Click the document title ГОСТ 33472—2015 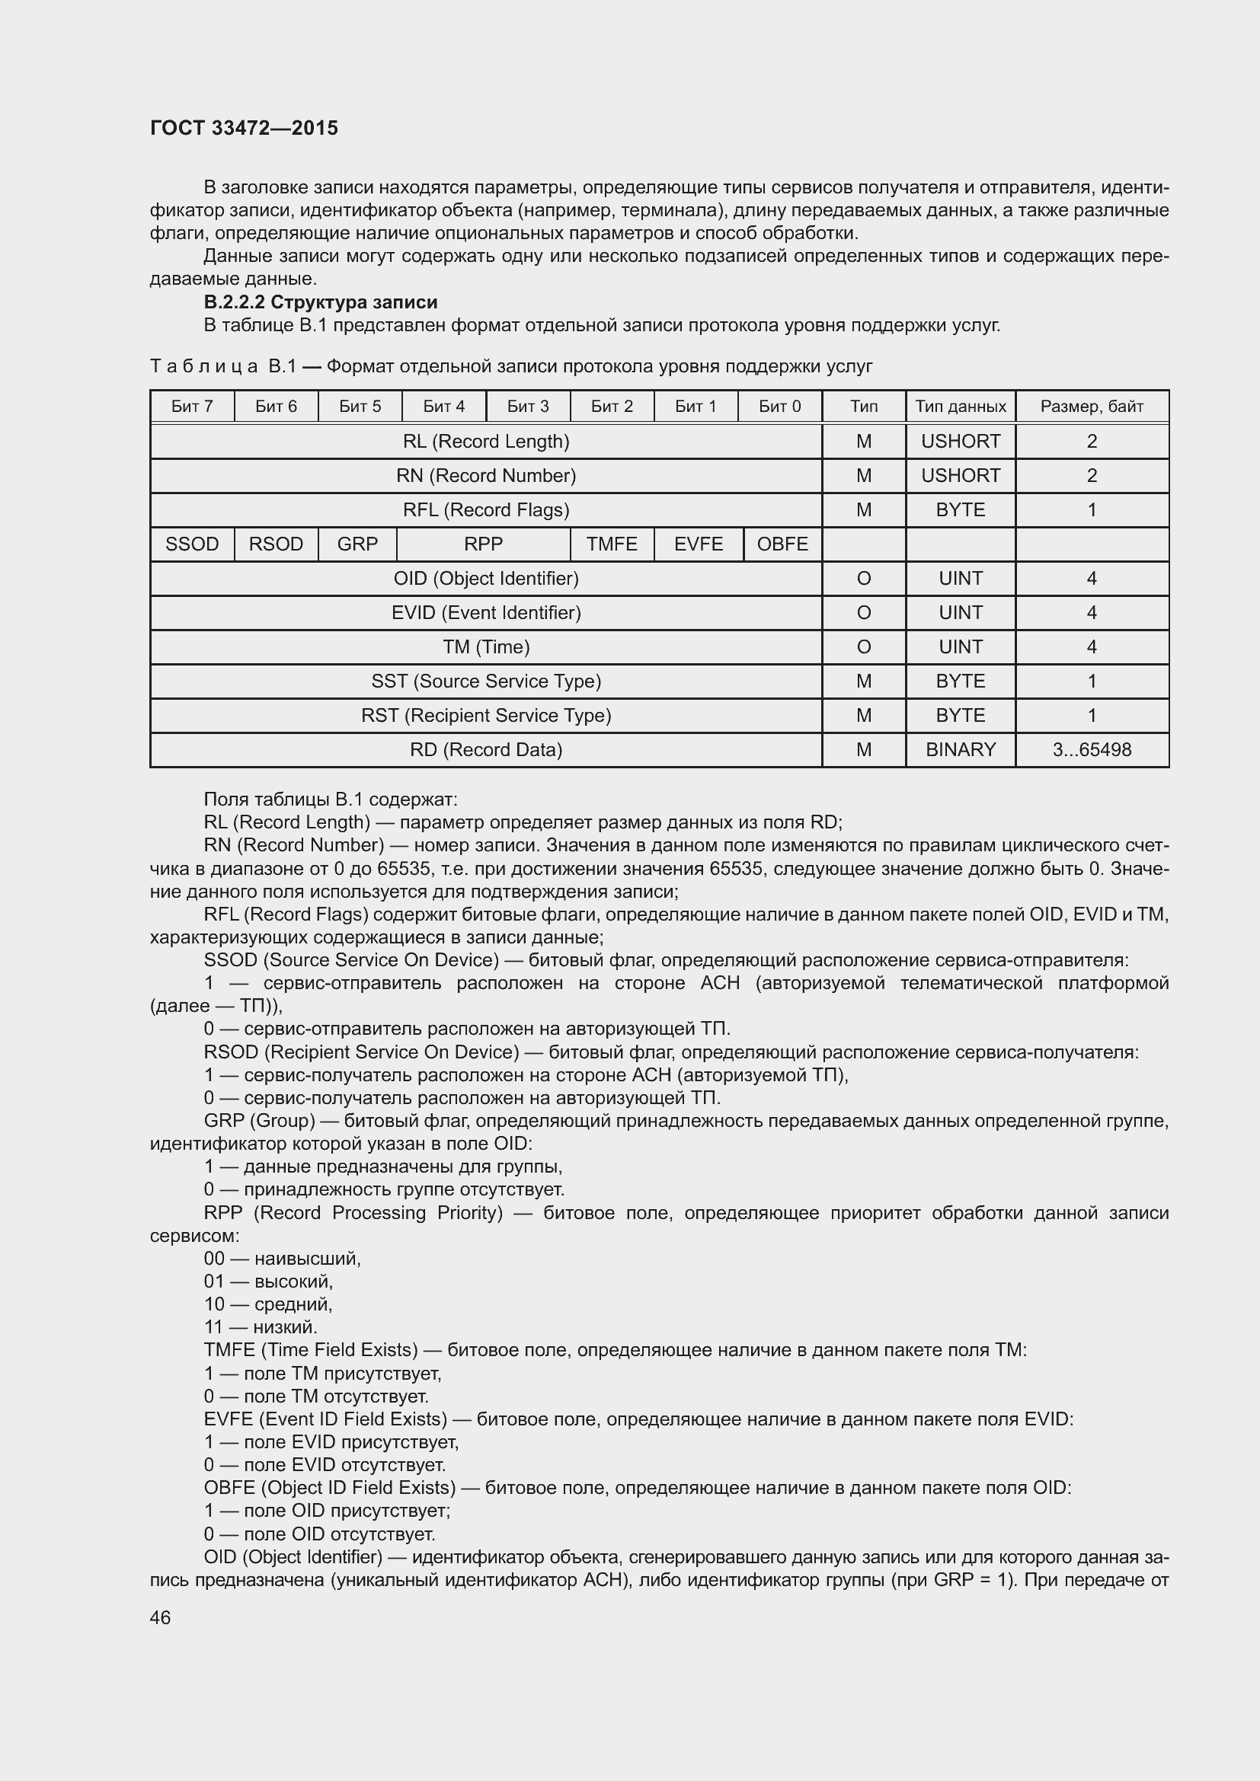click(x=244, y=128)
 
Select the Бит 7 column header click(x=192, y=407)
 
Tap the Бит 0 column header click(x=779, y=407)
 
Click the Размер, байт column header click(x=1092, y=407)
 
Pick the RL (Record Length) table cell click(x=486, y=442)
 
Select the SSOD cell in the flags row click(x=192, y=544)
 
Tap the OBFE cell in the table click(x=782, y=544)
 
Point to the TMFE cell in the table click(x=612, y=544)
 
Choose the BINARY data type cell click(x=961, y=750)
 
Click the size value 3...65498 click(x=1092, y=750)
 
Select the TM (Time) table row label click(x=486, y=647)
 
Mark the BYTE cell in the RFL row click(x=961, y=510)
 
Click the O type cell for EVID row click(x=864, y=613)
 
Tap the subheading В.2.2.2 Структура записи click(x=321, y=302)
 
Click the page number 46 click(x=160, y=1617)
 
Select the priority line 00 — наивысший click(x=283, y=1258)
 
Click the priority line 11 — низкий click(x=261, y=1327)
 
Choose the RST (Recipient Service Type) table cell click(x=486, y=715)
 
